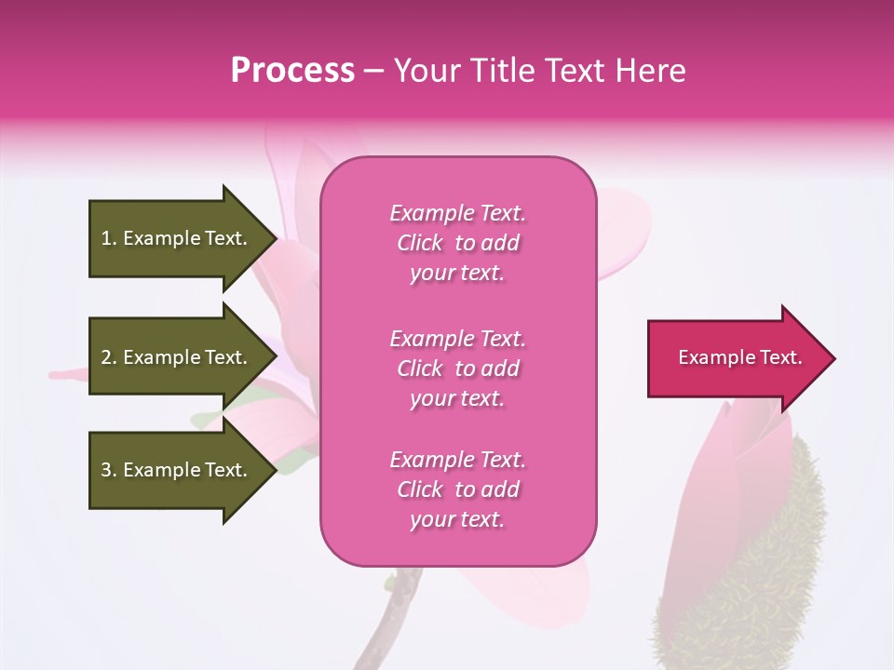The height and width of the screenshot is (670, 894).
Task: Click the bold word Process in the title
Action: coord(292,71)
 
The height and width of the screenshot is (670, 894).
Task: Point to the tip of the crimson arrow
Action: coord(833,358)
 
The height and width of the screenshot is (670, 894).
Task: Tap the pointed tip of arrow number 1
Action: coord(275,238)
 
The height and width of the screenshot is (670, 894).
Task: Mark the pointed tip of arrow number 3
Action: coord(275,470)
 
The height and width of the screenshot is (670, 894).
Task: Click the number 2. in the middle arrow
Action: coord(109,357)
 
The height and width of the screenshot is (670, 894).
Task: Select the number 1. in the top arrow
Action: coord(109,238)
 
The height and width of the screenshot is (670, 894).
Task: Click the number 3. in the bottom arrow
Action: coord(109,470)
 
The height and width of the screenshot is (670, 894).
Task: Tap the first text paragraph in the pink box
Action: coord(457,243)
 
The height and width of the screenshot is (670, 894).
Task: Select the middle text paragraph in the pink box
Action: coord(457,368)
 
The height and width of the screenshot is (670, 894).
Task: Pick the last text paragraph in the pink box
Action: coord(457,489)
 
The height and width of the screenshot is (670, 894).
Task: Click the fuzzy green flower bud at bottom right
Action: coord(773,558)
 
